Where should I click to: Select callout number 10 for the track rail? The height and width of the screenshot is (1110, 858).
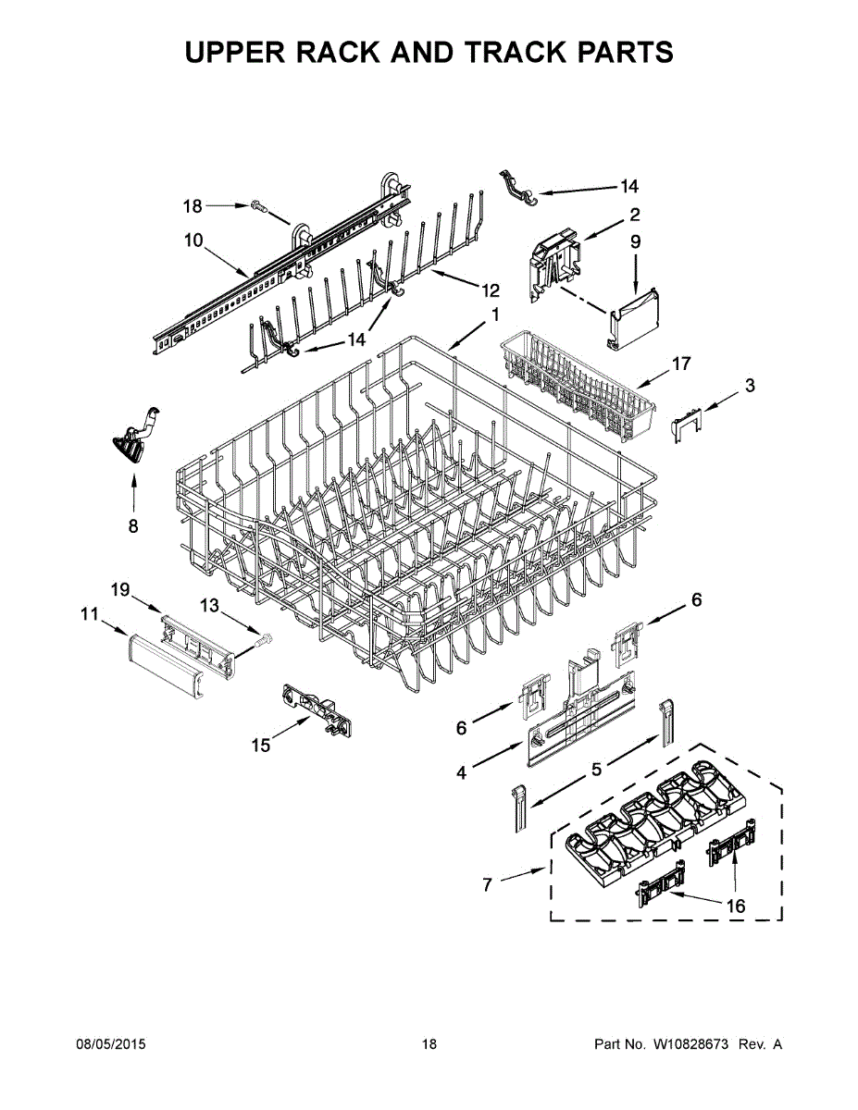(193, 240)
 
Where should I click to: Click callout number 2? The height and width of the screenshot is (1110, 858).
(636, 216)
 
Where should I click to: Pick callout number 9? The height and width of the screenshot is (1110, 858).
(636, 241)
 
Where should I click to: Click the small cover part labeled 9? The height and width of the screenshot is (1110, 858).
(636, 318)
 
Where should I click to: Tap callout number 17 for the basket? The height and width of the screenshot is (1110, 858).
(681, 364)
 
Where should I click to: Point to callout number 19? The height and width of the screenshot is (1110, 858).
(119, 589)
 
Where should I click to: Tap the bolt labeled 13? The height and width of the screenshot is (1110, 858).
(262, 639)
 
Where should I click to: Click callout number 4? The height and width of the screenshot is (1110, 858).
(461, 773)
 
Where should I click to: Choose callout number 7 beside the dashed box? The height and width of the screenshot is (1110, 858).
(488, 885)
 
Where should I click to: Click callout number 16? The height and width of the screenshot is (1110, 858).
(734, 906)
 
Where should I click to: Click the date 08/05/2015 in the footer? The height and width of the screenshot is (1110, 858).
(110, 1044)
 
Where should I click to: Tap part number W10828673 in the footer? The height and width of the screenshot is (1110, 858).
(689, 1044)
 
